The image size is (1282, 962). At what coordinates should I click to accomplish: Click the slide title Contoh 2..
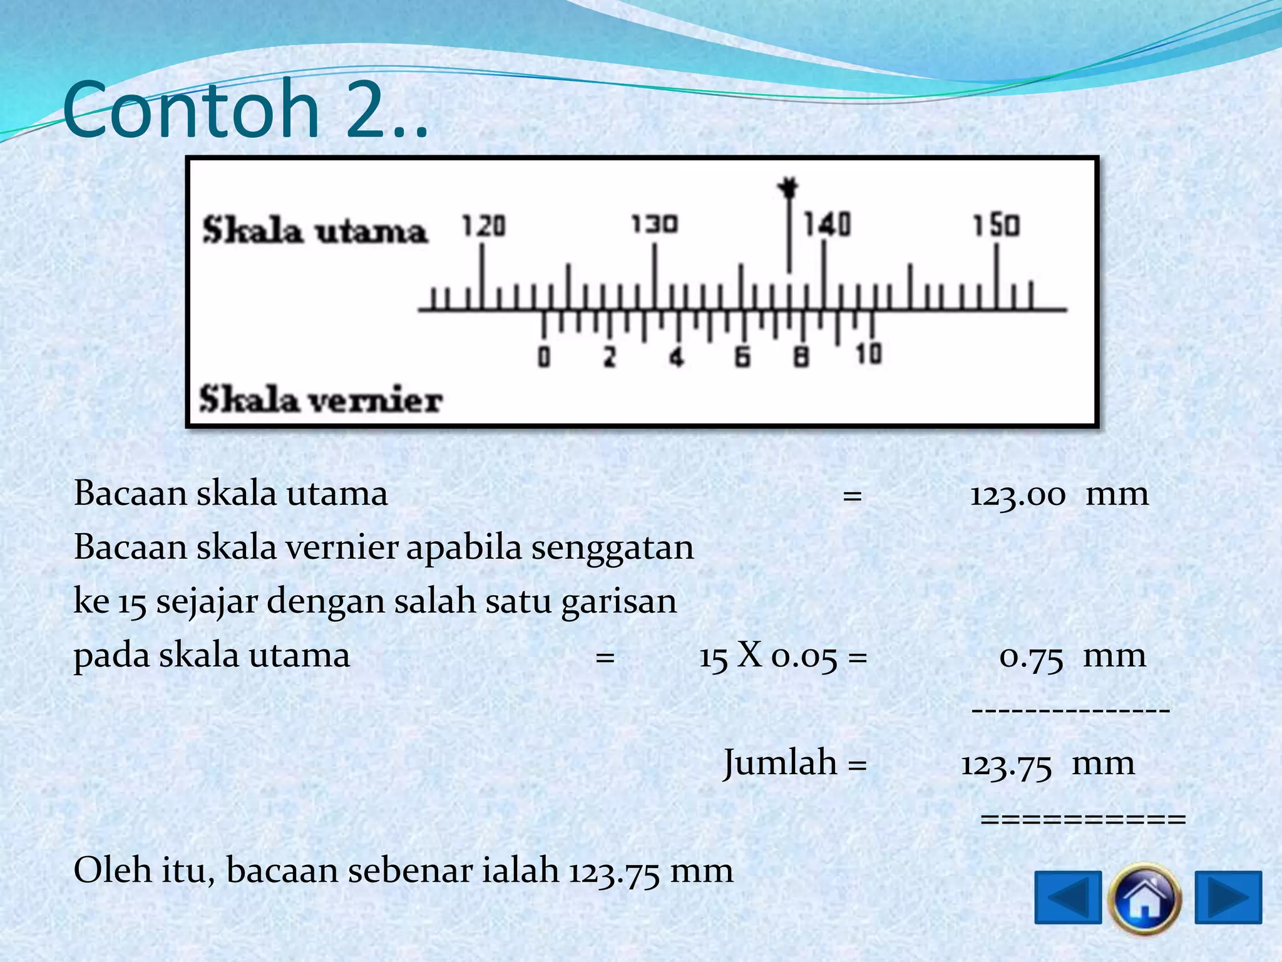click(244, 110)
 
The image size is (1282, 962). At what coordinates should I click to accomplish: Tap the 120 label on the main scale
click(483, 226)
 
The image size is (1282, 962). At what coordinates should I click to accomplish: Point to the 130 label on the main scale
click(654, 224)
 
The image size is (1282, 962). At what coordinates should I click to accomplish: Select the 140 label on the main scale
click(827, 224)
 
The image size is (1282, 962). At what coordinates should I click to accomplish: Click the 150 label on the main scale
click(997, 225)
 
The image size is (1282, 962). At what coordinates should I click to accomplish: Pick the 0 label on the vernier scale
click(544, 358)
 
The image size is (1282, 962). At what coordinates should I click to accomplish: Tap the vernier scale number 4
click(676, 358)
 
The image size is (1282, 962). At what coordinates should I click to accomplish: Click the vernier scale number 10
click(869, 354)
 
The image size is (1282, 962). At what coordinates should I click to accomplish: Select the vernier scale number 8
click(801, 358)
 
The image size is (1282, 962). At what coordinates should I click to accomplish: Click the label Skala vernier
click(320, 400)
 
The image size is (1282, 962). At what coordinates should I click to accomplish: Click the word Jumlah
click(780, 763)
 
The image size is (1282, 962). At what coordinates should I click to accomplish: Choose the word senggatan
click(612, 548)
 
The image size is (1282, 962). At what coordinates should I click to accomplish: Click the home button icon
click(1144, 898)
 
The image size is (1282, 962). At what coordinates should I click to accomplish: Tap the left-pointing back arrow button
click(1068, 897)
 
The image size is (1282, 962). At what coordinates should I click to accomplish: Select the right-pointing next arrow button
click(1228, 897)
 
